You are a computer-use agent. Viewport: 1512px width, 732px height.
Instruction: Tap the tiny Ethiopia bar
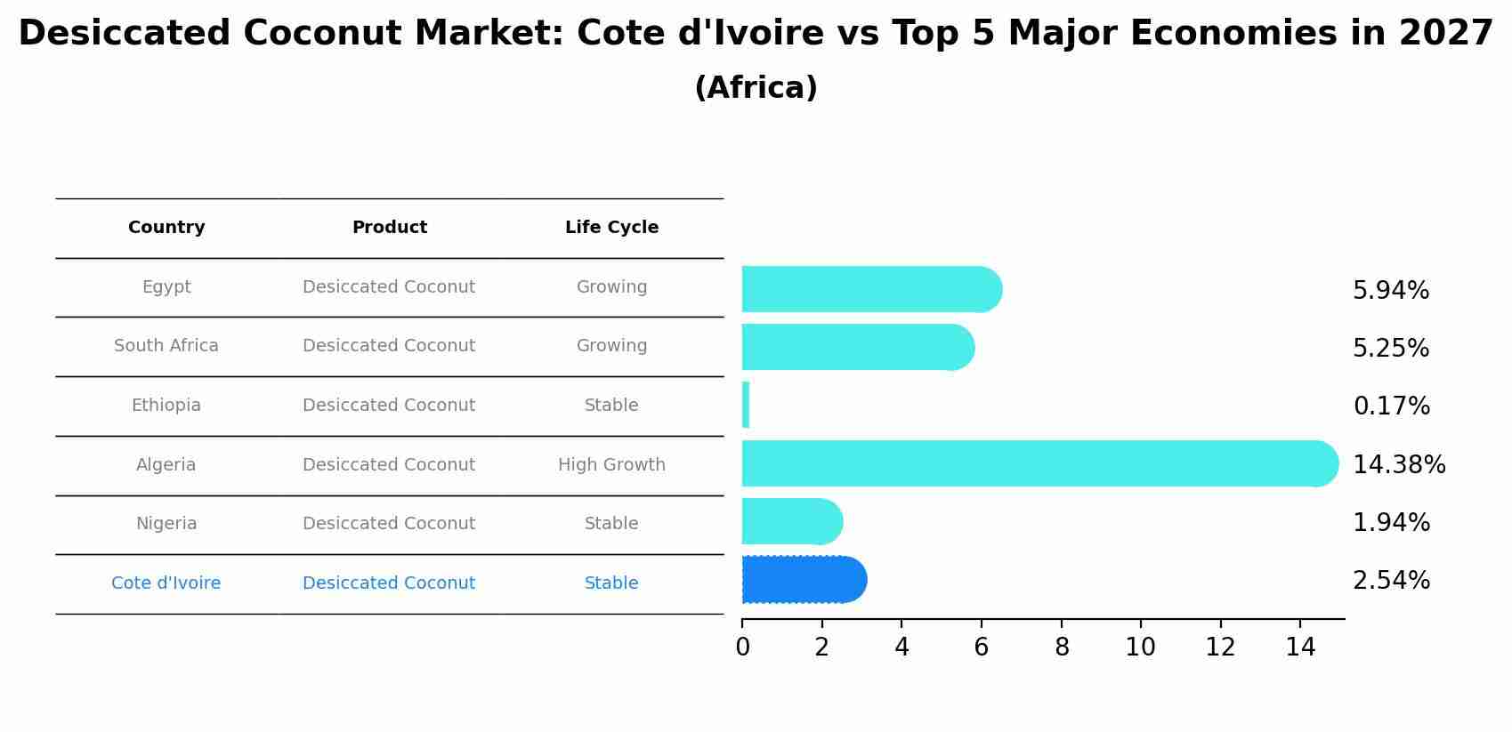[x=746, y=406]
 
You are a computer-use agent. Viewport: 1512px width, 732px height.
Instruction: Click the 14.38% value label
[x=1399, y=465]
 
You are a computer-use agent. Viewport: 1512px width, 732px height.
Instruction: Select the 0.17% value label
[x=1391, y=406]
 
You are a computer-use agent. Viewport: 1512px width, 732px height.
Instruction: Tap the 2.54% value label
[x=1391, y=581]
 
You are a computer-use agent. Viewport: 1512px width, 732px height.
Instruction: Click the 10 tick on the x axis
[x=1140, y=648]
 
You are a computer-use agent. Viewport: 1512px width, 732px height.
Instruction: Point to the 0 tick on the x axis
[x=742, y=648]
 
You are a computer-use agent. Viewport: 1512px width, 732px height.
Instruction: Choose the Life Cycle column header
[x=611, y=228]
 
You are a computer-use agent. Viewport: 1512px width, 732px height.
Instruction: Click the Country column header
[x=166, y=228]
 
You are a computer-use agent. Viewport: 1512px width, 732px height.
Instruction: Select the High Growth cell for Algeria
[x=611, y=465]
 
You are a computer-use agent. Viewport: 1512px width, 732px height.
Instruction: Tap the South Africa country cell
[x=166, y=346]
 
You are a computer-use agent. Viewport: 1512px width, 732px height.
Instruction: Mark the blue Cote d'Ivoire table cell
[x=166, y=583]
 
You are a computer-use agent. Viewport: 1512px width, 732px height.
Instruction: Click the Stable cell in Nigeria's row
[x=611, y=524]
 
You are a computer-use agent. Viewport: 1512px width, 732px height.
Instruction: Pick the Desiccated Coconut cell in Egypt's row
[x=389, y=287]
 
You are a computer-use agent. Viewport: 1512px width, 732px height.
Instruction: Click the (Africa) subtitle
[x=756, y=88]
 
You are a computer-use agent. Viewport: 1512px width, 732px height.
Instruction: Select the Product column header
[x=389, y=228]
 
